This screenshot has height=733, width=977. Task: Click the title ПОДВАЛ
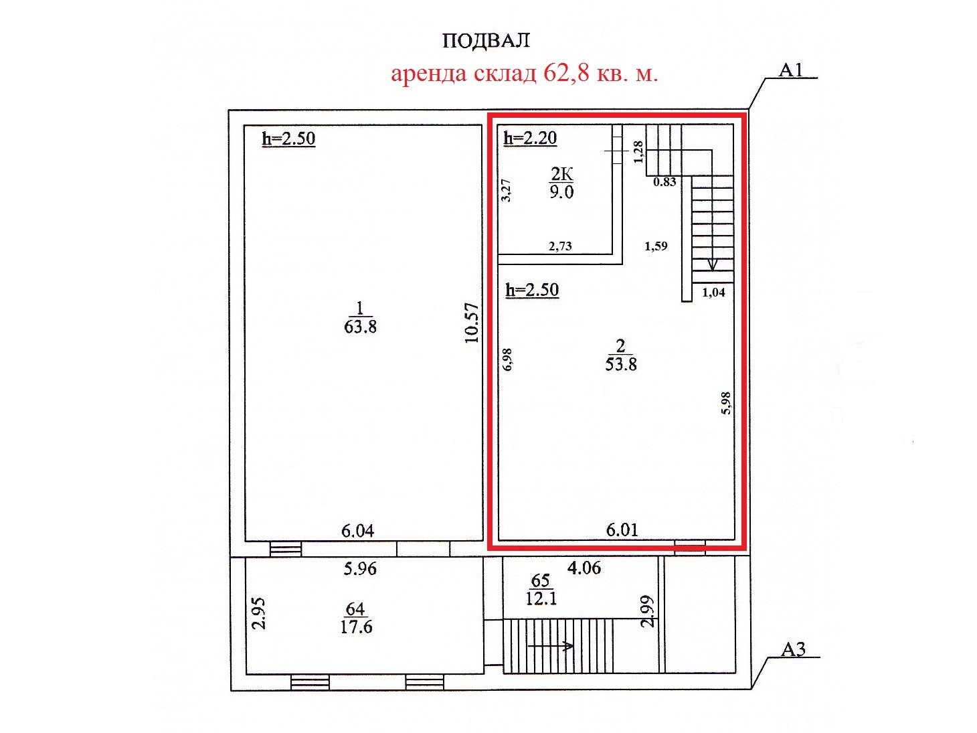click(486, 41)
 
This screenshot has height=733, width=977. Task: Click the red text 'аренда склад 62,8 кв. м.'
click(525, 74)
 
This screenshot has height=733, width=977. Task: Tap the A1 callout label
click(790, 70)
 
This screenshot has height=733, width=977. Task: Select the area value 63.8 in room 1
click(360, 327)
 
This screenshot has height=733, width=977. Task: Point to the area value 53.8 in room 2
click(621, 365)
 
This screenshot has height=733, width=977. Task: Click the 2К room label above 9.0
click(561, 174)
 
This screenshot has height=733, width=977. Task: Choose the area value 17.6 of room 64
click(356, 627)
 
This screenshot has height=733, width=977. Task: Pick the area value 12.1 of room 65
click(541, 598)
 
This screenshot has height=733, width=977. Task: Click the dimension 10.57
click(471, 323)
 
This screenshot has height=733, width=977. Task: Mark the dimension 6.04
click(358, 531)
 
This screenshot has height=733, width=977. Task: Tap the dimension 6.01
click(622, 530)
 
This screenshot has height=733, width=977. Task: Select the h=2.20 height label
click(530, 139)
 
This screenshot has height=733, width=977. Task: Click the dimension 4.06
click(584, 568)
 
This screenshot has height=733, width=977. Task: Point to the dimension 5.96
click(360, 569)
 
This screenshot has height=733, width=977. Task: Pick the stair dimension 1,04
click(713, 293)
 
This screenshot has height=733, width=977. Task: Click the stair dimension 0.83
click(664, 181)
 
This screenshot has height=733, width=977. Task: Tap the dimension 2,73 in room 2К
click(560, 246)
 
